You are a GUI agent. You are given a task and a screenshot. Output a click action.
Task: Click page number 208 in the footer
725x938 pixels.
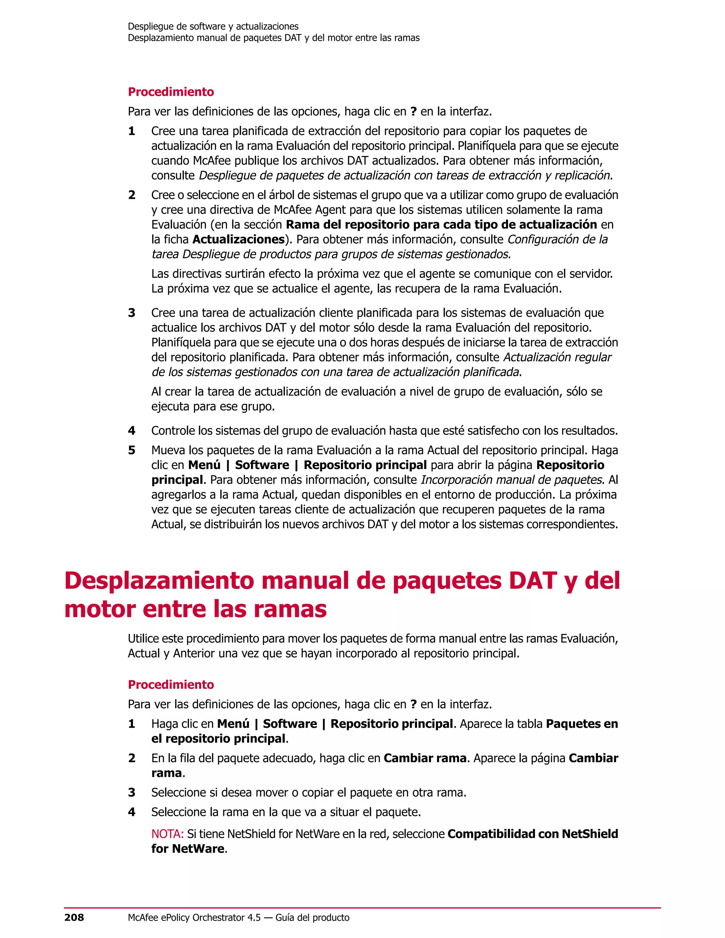pyautogui.click(x=74, y=918)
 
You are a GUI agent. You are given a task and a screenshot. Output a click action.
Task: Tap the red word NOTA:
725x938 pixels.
pyautogui.click(x=167, y=834)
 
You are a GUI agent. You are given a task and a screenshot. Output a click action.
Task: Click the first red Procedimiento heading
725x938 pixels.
pyautogui.click(x=171, y=92)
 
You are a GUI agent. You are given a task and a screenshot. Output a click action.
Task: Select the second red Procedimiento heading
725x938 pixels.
pyautogui.click(x=171, y=685)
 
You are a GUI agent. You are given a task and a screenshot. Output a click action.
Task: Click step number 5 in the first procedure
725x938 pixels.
pyautogui.click(x=132, y=451)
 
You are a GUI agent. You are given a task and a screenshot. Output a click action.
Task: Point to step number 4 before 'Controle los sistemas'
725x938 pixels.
pyautogui.click(x=132, y=431)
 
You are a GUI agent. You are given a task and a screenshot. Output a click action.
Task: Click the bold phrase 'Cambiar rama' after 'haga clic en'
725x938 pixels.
pyautogui.click(x=425, y=759)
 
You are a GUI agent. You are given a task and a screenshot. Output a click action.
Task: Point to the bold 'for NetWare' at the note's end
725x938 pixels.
pyautogui.click(x=188, y=849)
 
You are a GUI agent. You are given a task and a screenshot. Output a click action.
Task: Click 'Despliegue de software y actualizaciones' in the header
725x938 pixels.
pyautogui.click(x=213, y=27)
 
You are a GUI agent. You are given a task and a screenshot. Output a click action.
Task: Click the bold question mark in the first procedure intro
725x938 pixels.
pyautogui.click(x=413, y=111)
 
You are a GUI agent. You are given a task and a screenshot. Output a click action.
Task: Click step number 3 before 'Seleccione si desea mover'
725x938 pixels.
pyautogui.click(x=132, y=793)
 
